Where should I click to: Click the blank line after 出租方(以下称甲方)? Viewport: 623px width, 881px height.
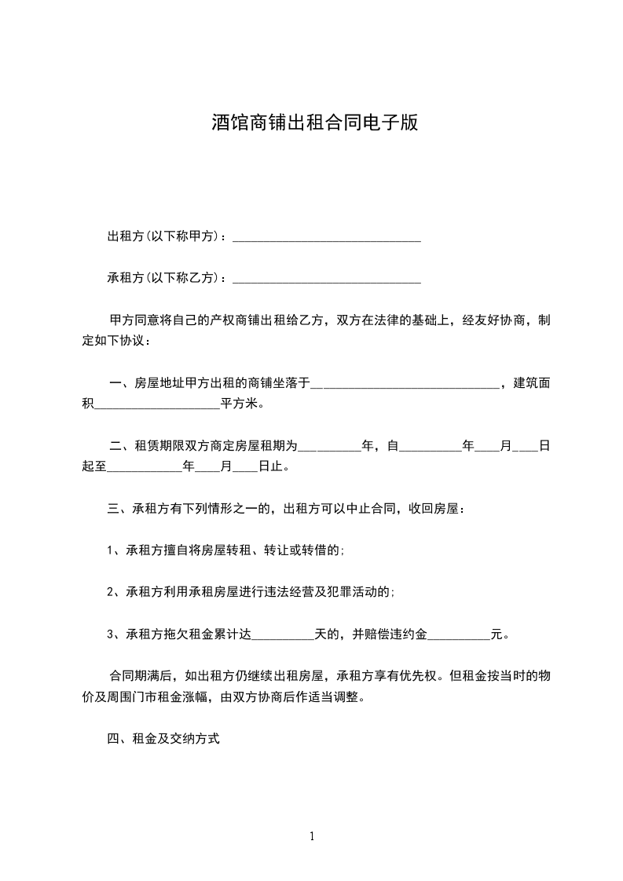[x=327, y=236]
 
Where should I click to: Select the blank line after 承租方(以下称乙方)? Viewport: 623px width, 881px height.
[x=327, y=278]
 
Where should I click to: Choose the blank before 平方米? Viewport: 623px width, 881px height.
[x=157, y=405]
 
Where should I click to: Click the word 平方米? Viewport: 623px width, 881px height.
[x=240, y=405]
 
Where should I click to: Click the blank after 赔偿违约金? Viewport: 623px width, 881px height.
[x=458, y=634]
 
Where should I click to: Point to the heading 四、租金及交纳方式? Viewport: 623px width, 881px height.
[x=163, y=739]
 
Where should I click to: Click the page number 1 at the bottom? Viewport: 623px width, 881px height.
[x=312, y=836]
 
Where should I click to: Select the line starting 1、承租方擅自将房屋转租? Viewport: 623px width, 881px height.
[x=225, y=551]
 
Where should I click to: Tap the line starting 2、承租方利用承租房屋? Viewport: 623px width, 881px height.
[x=251, y=593]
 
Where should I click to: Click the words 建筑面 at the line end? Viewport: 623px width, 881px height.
[x=531, y=384]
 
